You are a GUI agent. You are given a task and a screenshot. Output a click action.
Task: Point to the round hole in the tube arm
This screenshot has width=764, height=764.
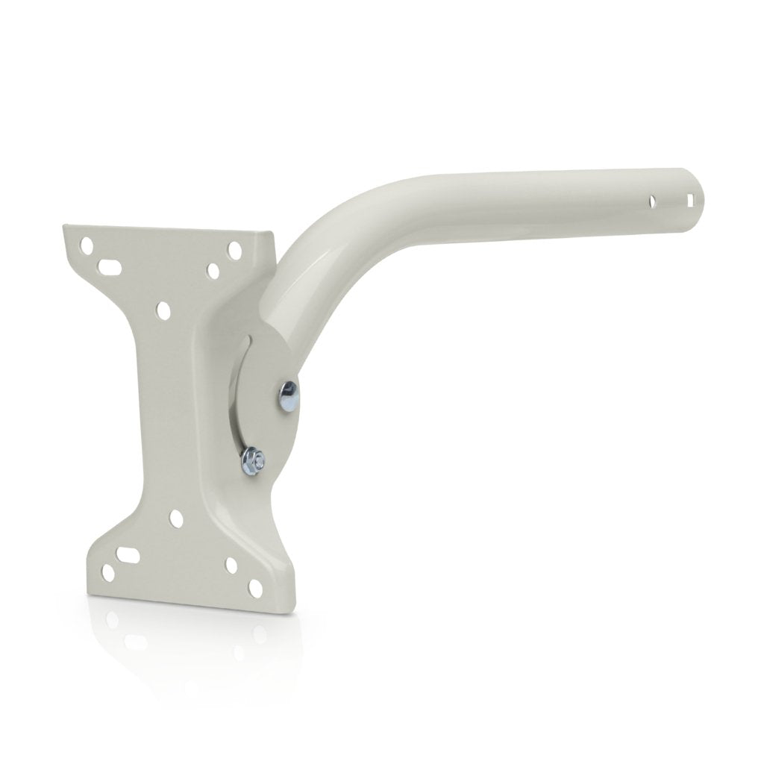click(653, 201)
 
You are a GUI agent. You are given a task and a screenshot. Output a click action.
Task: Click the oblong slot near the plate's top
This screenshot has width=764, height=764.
click(113, 265)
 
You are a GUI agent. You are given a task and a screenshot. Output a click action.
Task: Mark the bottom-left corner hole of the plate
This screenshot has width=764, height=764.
click(107, 574)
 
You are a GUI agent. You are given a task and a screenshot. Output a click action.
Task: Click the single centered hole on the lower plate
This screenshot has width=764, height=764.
click(176, 516)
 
